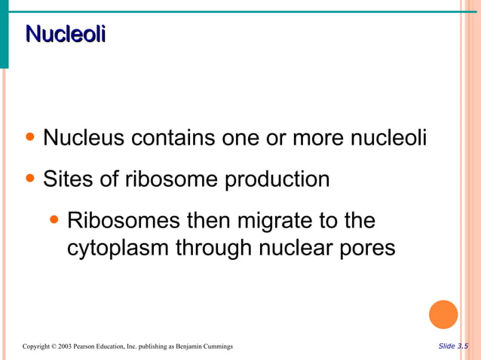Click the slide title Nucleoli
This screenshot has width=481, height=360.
point(65,35)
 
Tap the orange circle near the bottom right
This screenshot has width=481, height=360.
point(443,315)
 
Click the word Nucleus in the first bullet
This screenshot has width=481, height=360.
point(84,139)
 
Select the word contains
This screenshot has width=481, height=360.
point(173,139)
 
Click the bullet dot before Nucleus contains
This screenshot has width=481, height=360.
point(30,139)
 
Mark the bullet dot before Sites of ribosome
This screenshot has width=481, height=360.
point(30,180)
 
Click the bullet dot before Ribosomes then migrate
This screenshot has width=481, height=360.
point(54,221)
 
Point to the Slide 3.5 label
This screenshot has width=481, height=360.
point(452,346)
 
